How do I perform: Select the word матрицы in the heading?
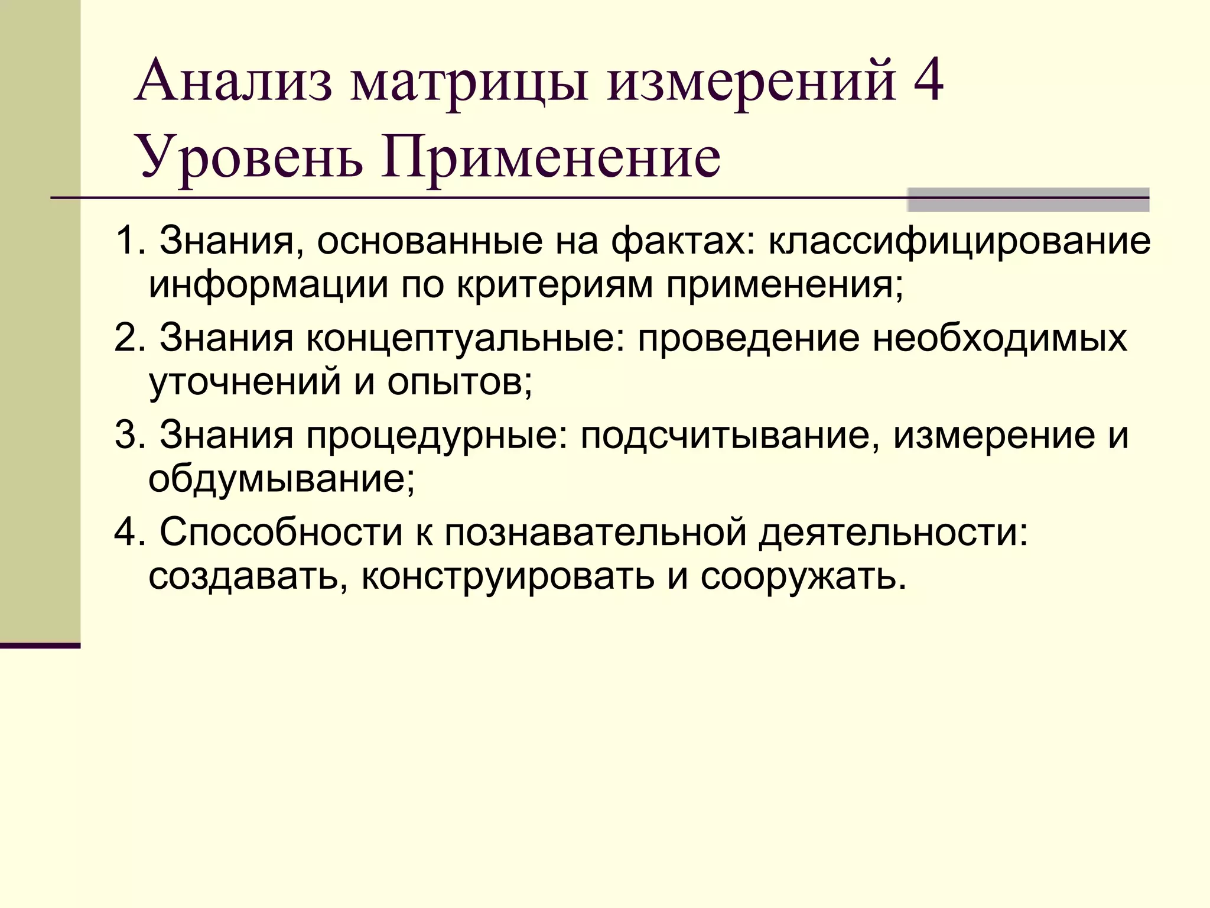pos(470,83)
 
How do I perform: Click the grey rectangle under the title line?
pos(1027,200)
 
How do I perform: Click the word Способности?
pos(281,532)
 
